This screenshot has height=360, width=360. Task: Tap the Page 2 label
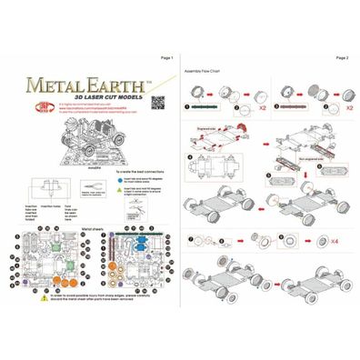(x=341, y=57)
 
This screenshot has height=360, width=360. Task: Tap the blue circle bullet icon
(x=105, y=181)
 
